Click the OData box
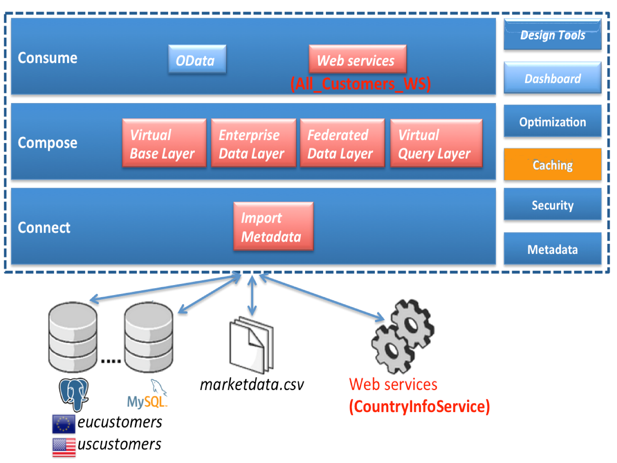(x=197, y=59)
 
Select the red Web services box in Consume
(x=357, y=59)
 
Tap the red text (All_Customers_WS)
(x=360, y=84)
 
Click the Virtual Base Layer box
(x=164, y=143)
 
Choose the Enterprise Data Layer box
(x=253, y=143)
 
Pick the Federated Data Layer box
(x=342, y=143)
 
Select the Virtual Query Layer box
(x=436, y=143)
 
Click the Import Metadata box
(x=273, y=226)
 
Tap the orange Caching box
(x=552, y=165)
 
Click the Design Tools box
(x=552, y=35)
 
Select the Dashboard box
(x=552, y=78)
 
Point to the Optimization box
(x=552, y=122)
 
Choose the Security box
(x=552, y=205)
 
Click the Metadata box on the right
(x=552, y=249)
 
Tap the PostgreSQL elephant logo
(x=74, y=394)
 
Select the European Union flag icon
(x=64, y=424)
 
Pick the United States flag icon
(x=64, y=447)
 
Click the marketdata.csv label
(x=252, y=384)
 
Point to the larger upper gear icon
(x=412, y=324)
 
